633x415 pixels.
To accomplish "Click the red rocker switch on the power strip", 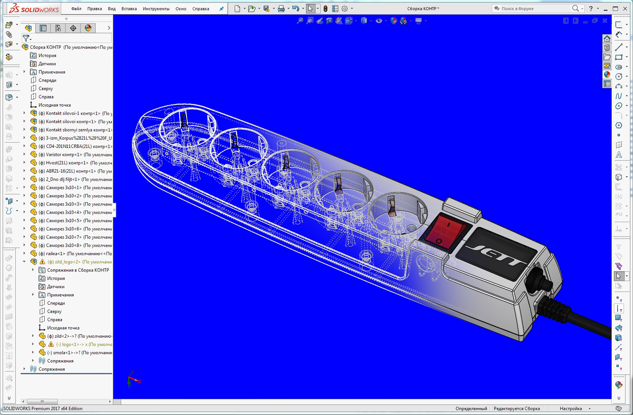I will [x=445, y=231].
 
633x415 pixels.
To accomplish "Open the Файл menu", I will [x=76, y=9].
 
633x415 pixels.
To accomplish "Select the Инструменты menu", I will [x=156, y=9].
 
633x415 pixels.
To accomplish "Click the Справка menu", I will [x=201, y=9].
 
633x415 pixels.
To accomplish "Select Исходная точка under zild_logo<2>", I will [x=63, y=328].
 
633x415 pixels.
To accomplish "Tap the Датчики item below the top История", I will [x=47, y=64].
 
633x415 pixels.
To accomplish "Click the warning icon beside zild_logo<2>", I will [x=42, y=262].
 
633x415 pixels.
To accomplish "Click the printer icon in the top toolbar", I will [x=281, y=9].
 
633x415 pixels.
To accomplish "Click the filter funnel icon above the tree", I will [x=26, y=38].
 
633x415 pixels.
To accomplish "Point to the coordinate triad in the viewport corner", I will [x=133, y=379].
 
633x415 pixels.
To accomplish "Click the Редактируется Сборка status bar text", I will [x=516, y=409].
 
